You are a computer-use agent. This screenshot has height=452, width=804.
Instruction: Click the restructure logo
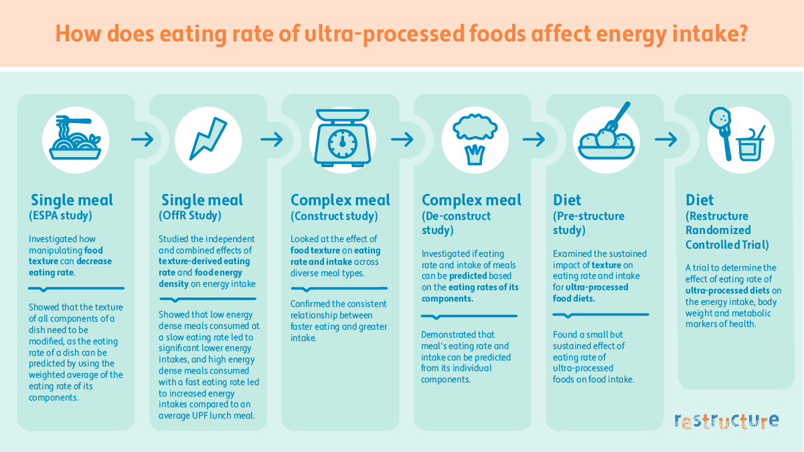click(726, 421)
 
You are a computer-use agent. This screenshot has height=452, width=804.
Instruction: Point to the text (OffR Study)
click(192, 216)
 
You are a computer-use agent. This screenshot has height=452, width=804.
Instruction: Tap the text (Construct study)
click(334, 216)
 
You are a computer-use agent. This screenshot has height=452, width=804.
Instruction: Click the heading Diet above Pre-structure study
click(568, 200)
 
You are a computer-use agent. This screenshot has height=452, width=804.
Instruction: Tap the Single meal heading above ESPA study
click(72, 200)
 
